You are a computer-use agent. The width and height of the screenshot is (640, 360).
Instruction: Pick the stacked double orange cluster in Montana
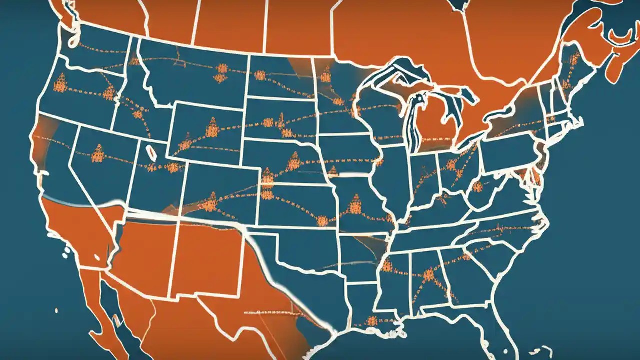220,72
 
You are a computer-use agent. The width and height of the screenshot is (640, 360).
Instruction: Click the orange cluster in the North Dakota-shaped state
260,75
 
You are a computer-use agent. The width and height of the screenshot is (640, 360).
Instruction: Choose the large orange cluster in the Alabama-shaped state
428,274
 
